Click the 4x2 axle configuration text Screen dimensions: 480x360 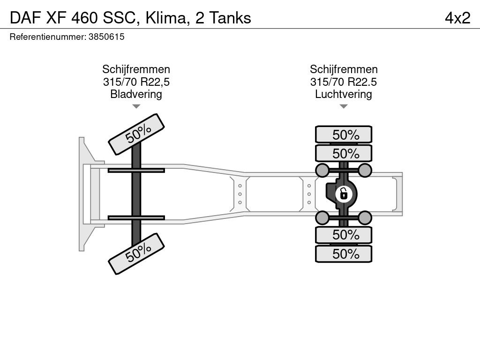(457, 18)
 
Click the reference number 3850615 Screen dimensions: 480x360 (106, 37)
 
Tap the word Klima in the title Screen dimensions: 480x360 (165, 18)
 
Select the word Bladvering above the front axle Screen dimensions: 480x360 (136, 94)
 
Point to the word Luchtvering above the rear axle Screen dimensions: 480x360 (344, 94)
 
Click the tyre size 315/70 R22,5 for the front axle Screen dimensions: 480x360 (136, 82)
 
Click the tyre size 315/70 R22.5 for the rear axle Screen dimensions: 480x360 (344, 82)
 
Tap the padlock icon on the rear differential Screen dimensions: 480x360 (344, 194)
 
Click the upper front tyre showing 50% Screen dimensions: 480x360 (136, 135)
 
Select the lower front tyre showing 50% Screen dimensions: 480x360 (136, 254)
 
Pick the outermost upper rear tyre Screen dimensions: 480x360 (344, 134)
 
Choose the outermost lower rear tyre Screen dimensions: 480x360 (344, 254)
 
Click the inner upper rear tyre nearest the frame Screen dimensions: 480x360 (344, 153)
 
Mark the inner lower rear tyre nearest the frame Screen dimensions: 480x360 (344, 235)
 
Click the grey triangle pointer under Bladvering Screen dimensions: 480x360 (136, 106)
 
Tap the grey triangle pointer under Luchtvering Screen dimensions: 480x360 (344, 106)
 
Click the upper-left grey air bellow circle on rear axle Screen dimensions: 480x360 (322, 170)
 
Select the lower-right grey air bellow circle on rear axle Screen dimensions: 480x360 (365, 217)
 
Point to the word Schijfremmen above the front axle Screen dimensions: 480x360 (136, 69)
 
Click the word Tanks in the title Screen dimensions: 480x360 (230, 18)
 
